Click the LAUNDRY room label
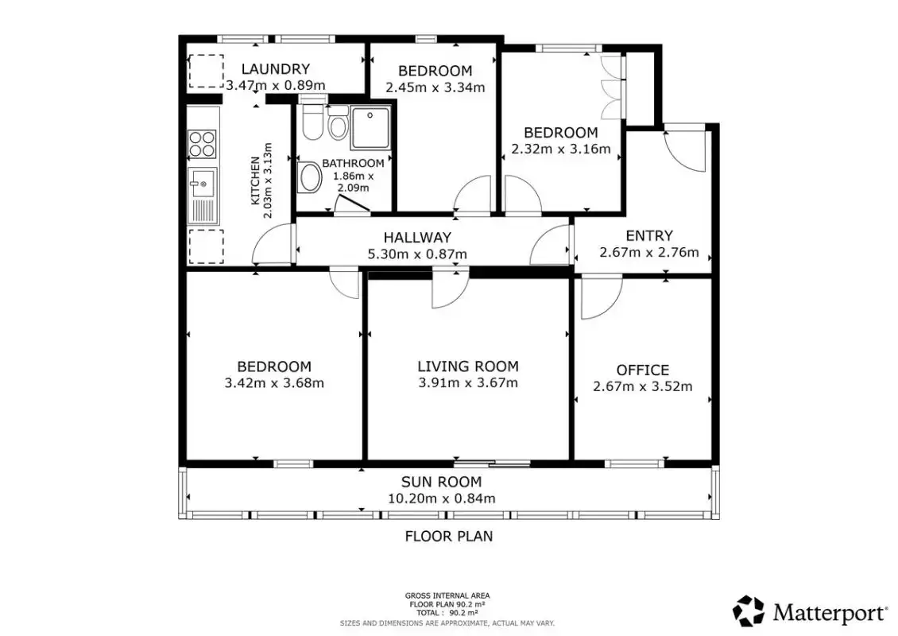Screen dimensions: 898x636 276,68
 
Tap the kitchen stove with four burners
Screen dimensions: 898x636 202,144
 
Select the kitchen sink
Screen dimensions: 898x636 203,196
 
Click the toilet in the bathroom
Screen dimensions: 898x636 312,122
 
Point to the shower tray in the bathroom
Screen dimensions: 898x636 370,127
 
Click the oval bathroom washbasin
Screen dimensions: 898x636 311,177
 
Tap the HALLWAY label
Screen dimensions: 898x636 417,237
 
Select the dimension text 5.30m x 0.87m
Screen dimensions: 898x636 417,254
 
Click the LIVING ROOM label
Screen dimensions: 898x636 468,366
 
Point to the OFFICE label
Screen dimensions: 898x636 643,370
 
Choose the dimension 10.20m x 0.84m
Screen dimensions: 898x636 442,498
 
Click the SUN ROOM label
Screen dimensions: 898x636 441,482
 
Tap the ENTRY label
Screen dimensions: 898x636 649,235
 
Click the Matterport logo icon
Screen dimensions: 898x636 749,611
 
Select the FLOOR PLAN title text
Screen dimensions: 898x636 449,537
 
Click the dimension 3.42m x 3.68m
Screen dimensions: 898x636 274,382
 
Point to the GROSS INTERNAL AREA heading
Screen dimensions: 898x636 447,596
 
